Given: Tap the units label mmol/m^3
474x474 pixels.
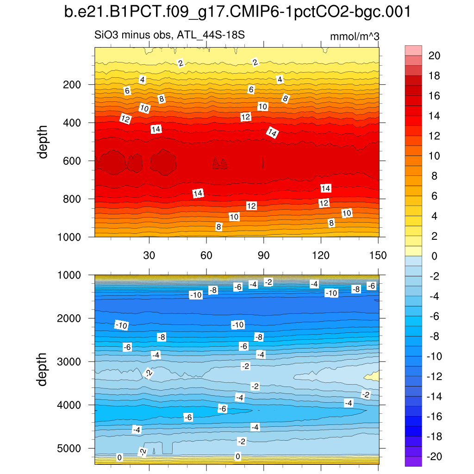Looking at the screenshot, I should pyautogui.click(x=355, y=37).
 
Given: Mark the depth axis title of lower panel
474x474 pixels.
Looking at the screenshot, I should pyautogui.click(x=44, y=369).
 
